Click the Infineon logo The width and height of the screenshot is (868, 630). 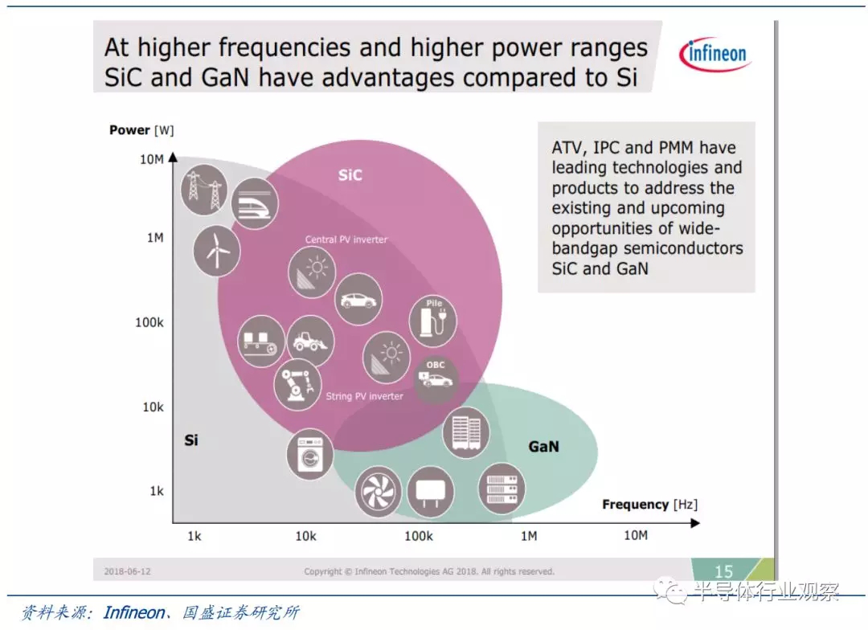pyautogui.click(x=714, y=55)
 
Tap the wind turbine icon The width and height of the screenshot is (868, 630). pyautogui.click(x=216, y=251)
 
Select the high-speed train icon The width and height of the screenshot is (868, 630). pyautogui.click(x=254, y=203)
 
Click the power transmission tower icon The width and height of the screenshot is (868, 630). pyautogui.click(x=204, y=190)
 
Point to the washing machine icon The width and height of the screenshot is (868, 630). pyautogui.click(x=310, y=454)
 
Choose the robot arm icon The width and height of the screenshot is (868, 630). pyautogui.click(x=297, y=385)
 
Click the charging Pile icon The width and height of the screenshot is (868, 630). pyautogui.click(x=433, y=320)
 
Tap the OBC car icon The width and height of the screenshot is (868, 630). pyautogui.click(x=436, y=378)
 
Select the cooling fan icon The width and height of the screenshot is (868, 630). pyautogui.click(x=378, y=491)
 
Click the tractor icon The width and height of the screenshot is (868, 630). pyautogui.click(x=310, y=341)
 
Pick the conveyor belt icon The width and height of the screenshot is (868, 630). pyautogui.click(x=260, y=341)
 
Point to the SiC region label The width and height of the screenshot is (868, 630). pyautogui.click(x=350, y=175)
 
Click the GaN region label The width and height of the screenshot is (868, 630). pyautogui.click(x=543, y=446)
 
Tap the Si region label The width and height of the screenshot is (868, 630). pyautogui.click(x=191, y=440)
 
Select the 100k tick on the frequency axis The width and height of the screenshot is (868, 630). pyautogui.click(x=419, y=536)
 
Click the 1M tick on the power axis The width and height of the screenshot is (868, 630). pyautogui.click(x=155, y=238)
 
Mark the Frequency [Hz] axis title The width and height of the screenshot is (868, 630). pyautogui.click(x=650, y=505)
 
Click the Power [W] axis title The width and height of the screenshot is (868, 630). pyautogui.click(x=141, y=130)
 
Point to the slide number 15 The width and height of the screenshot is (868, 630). pyautogui.click(x=723, y=571)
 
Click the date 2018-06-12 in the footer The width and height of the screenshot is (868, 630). pyautogui.click(x=127, y=571)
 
